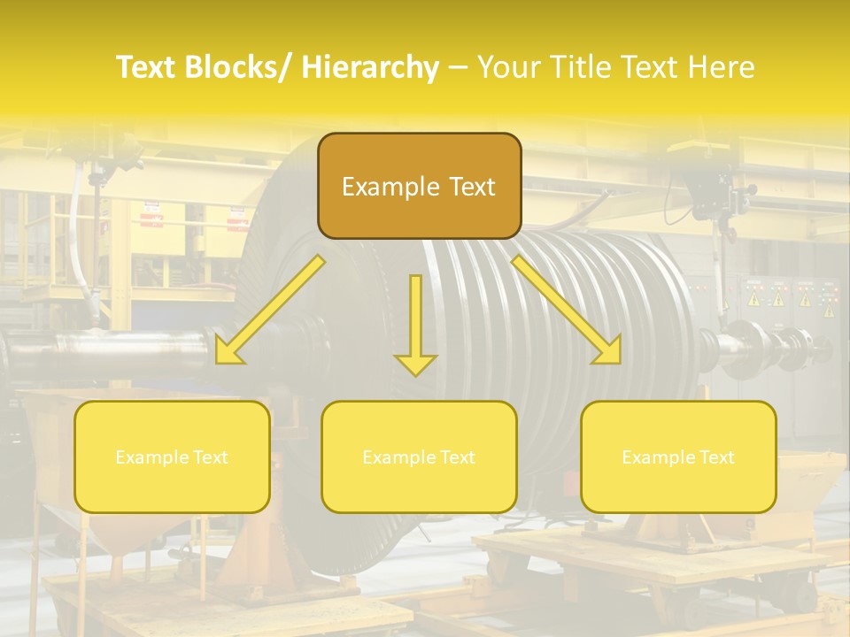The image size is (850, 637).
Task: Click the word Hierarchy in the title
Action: pos(370,68)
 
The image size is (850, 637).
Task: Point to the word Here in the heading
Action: pos(723,68)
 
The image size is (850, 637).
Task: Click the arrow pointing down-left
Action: pos(271,310)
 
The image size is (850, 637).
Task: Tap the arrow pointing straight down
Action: pos(415,323)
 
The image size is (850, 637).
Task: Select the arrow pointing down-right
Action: pos(566,310)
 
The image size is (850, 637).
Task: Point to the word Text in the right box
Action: pos(715,457)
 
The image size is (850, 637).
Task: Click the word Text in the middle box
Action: pos(456,457)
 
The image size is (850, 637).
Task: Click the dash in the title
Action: pos(458,68)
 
